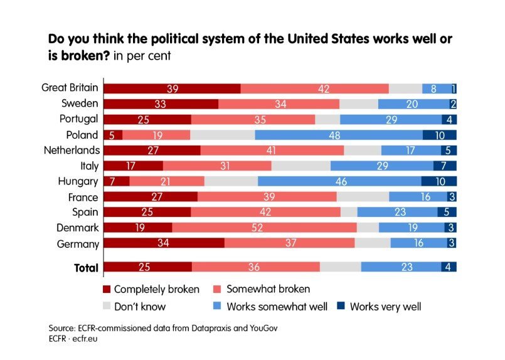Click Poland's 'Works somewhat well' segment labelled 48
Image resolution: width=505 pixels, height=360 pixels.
coord(339,135)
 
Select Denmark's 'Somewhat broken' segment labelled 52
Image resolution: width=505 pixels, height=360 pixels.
coord(264,227)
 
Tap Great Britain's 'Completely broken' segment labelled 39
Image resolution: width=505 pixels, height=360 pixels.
coord(172,88)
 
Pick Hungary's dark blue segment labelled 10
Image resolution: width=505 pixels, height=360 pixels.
coord(439,181)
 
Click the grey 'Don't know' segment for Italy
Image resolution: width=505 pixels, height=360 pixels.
coord(301,166)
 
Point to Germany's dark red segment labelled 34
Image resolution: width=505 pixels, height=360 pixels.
coord(164,243)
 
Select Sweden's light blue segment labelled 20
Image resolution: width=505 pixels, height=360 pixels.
coord(414,104)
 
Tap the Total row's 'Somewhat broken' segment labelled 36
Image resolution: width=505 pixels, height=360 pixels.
coord(256,267)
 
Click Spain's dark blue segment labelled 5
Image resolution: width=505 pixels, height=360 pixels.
coord(447,212)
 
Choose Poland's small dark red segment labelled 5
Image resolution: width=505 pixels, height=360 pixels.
coord(113,135)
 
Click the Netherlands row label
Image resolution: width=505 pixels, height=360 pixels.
coord(72,151)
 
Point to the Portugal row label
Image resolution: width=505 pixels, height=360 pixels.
coord(78,119)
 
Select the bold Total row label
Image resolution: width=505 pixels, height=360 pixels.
coord(86,268)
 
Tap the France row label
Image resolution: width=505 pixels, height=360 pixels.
coord(83,197)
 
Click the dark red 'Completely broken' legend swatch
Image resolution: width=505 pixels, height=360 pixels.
coord(107,289)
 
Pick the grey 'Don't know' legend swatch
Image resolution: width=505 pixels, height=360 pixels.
coord(107,306)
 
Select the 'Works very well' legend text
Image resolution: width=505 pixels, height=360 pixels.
coord(386,307)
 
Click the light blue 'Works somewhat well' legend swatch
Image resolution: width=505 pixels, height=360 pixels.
coord(218,306)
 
